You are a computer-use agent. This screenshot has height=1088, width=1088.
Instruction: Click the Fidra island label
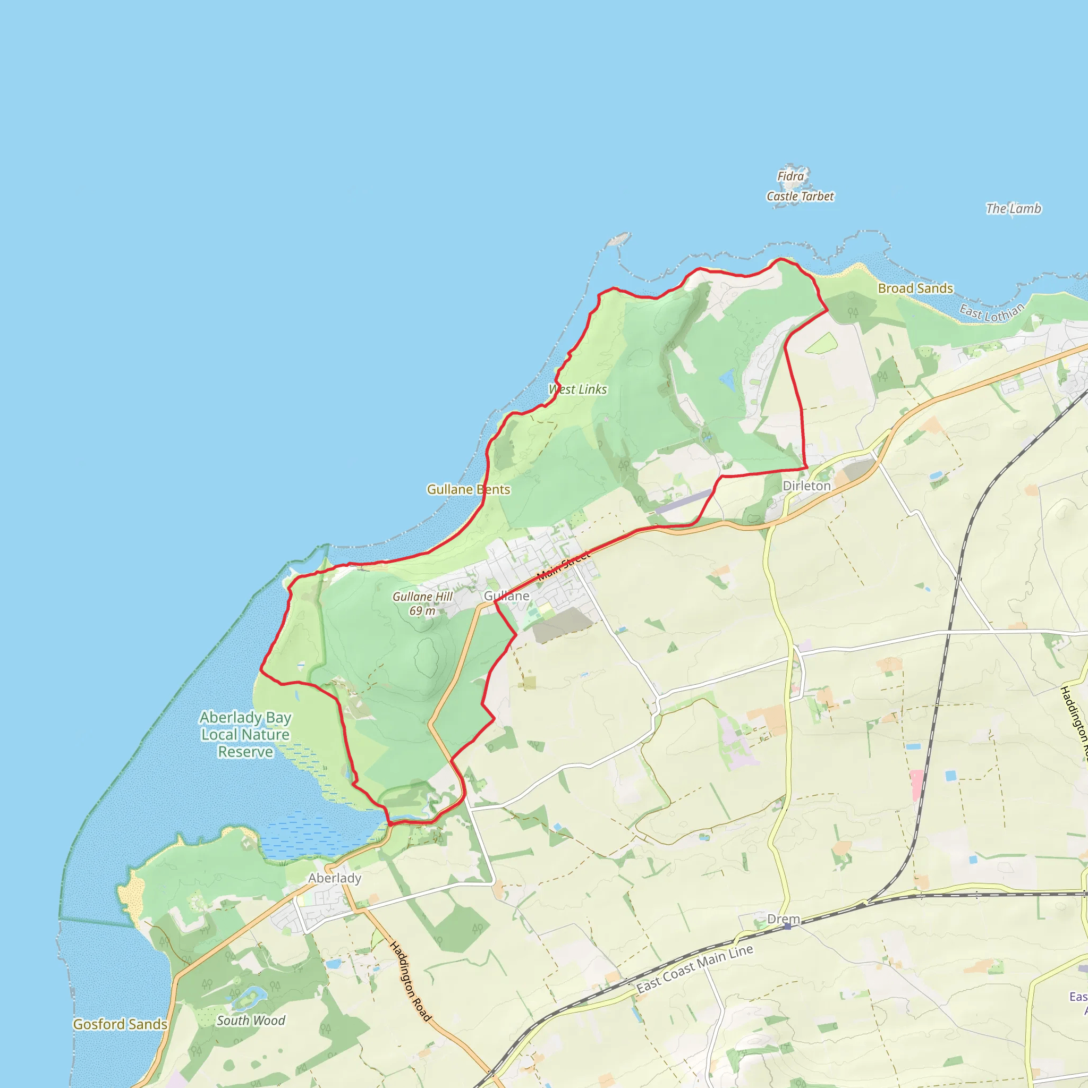click(x=790, y=176)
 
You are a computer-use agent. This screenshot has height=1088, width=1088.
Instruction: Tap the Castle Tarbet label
click(x=800, y=197)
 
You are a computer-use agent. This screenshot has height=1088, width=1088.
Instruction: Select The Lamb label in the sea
click(x=1013, y=209)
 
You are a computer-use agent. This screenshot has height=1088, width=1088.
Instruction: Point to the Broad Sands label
click(x=915, y=288)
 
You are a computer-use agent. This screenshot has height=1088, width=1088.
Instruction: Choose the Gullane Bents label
click(x=468, y=489)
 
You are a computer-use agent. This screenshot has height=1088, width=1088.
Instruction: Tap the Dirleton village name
click(x=806, y=486)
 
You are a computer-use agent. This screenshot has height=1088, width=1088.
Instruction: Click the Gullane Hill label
click(x=422, y=597)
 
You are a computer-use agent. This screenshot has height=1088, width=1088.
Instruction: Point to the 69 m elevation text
click(x=422, y=611)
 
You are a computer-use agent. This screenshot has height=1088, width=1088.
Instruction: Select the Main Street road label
click(x=563, y=565)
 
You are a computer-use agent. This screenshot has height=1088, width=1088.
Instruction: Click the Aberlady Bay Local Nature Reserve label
click(x=245, y=734)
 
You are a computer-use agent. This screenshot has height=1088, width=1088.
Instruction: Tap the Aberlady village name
click(x=335, y=878)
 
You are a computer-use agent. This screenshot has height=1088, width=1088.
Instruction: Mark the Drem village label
click(x=784, y=919)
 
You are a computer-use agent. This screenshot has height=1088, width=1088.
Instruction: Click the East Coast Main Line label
click(x=694, y=968)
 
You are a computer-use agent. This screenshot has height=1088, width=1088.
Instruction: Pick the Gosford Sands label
click(x=120, y=1024)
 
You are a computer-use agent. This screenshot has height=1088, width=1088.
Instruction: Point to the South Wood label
click(x=251, y=1021)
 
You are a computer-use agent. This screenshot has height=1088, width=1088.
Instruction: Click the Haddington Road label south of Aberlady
click(x=411, y=982)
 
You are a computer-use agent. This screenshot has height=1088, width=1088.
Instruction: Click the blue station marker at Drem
click(x=787, y=926)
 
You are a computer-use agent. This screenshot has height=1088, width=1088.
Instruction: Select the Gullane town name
click(x=506, y=596)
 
